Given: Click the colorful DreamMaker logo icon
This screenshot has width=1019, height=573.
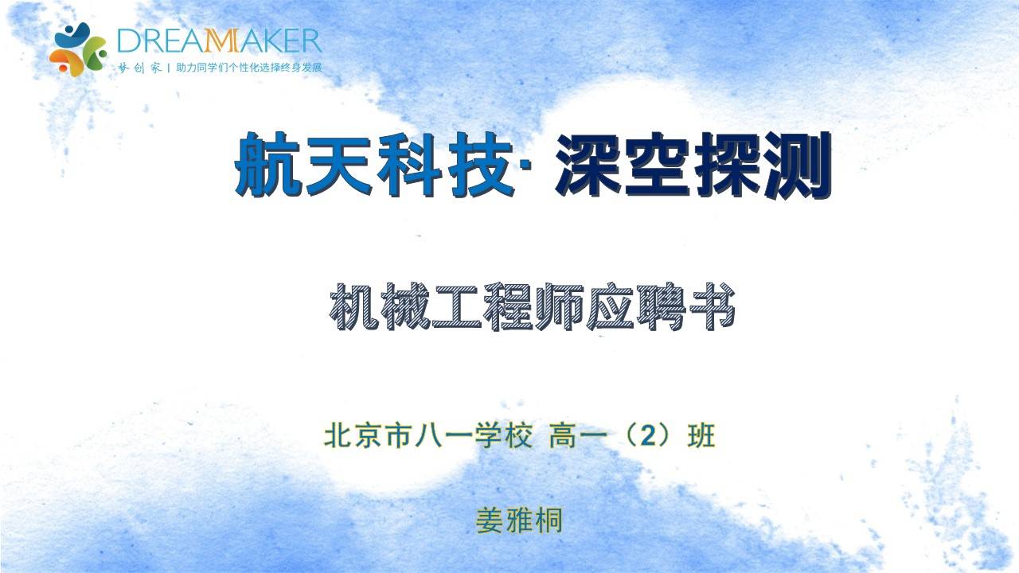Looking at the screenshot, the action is (78, 49).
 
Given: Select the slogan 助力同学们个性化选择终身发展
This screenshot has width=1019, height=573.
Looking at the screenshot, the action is (249, 68).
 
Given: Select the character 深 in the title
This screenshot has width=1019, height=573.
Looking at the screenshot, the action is (588, 164).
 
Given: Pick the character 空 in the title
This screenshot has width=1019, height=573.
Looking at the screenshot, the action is (658, 164).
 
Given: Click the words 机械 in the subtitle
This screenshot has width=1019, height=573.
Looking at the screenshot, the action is (379, 306).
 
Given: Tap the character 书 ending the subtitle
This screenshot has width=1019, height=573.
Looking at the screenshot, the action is (711, 306).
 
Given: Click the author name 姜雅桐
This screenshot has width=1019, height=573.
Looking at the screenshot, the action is (519, 520).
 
